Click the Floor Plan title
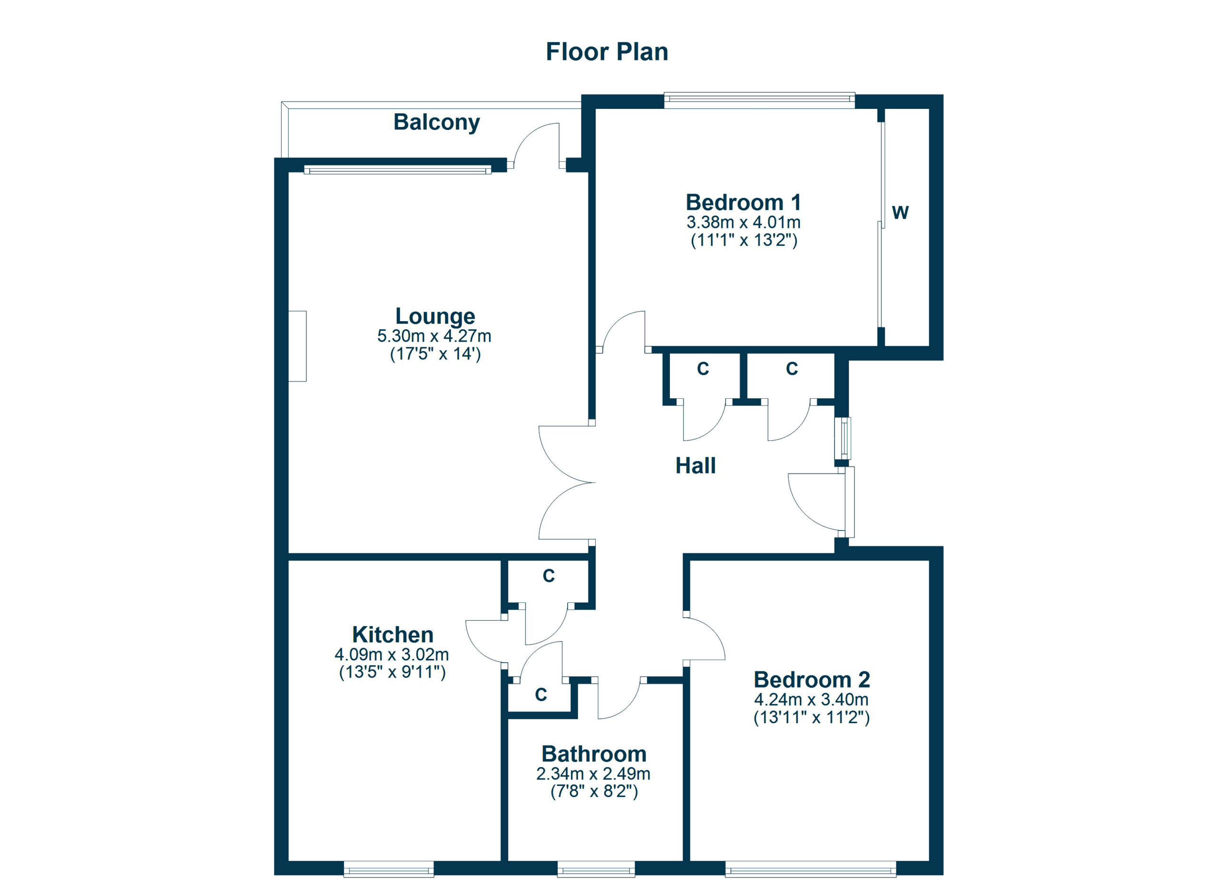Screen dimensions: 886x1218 click(606, 52)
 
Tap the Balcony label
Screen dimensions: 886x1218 click(436, 122)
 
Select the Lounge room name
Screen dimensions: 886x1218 click(435, 316)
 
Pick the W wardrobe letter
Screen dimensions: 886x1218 click(900, 213)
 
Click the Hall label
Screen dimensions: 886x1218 click(695, 465)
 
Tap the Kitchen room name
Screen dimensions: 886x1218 click(393, 635)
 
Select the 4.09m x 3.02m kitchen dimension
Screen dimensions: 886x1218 click(392, 655)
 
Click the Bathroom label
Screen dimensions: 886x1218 click(593, 754)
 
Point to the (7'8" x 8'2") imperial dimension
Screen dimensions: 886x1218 click(594, 791)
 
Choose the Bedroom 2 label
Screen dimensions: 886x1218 click(812, 680)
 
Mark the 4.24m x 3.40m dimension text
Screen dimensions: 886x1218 click(811, 699)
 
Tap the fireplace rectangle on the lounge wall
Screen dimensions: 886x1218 click(297, 346)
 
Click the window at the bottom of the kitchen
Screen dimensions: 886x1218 click(388, 869)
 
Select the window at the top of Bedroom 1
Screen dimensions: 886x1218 click(759, 98)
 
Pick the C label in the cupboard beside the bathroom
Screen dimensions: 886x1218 click(541, 695)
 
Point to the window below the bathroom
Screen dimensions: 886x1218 click(596, 869)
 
